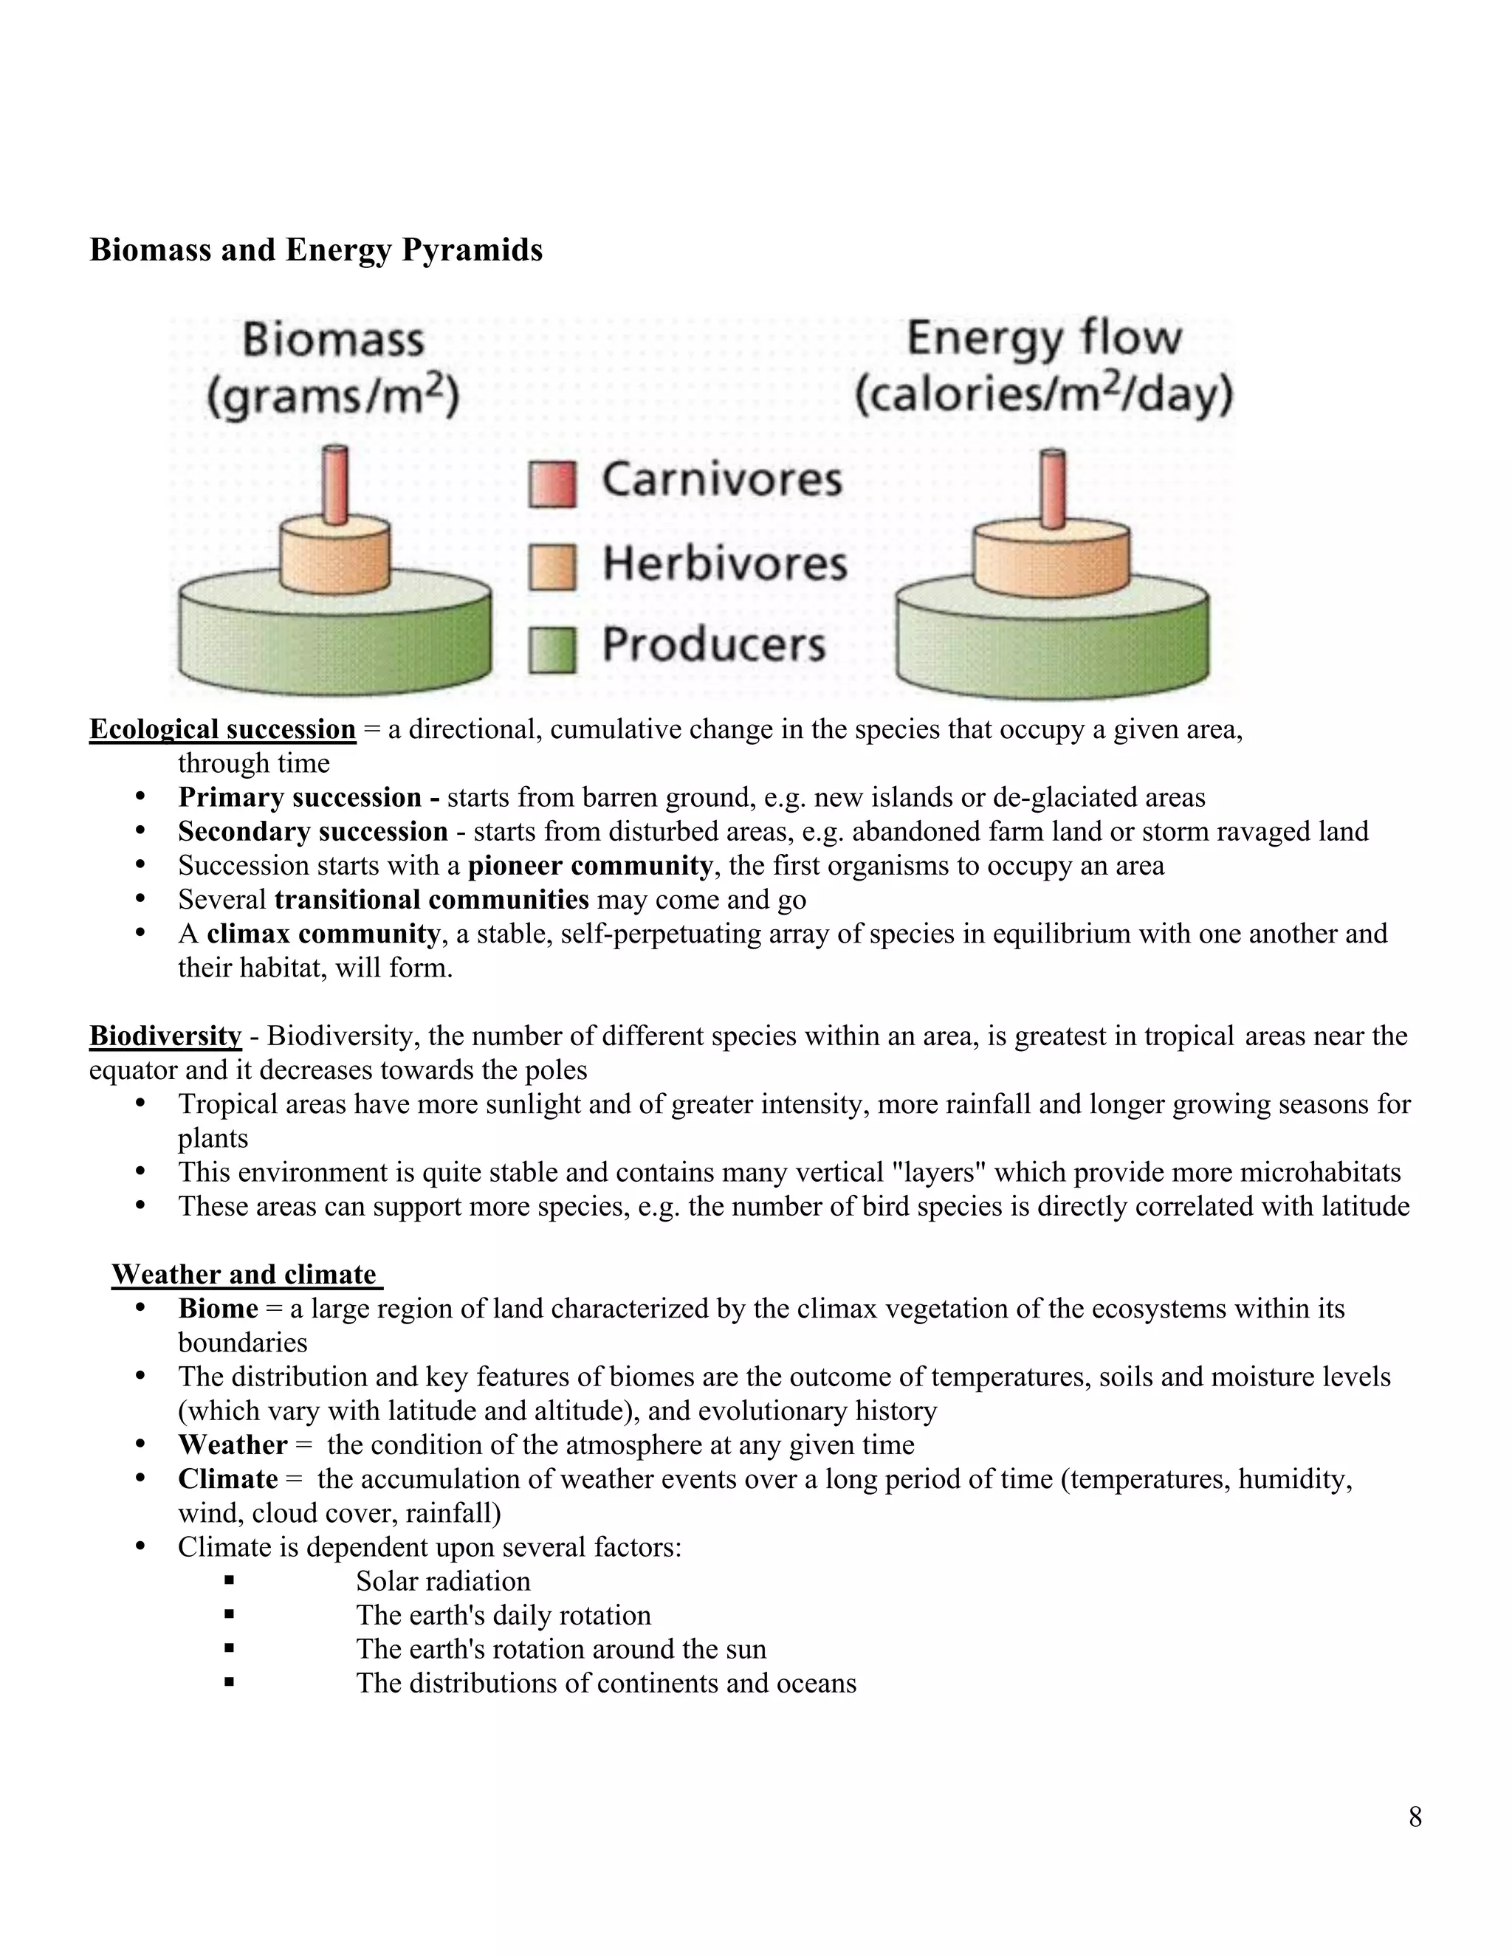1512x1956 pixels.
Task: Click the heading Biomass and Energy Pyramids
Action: tap(316, 250)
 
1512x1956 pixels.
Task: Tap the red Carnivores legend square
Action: tap(551, 484)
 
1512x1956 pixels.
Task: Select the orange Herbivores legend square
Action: tap(551, 567)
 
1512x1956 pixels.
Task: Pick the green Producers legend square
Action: tap(551, 650)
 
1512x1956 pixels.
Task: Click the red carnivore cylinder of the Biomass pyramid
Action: tap(335, 484)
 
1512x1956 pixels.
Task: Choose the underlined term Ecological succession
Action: tap(222, 729)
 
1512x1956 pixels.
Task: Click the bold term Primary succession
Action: tap(299, 797)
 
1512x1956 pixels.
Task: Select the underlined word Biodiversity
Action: tap(165, 1036)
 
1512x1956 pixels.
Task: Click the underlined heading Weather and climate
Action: tap(244, 1275)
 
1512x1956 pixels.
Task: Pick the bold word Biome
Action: tap(218, 1309)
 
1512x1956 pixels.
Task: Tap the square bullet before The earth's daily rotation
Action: tap(230, 1615)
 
